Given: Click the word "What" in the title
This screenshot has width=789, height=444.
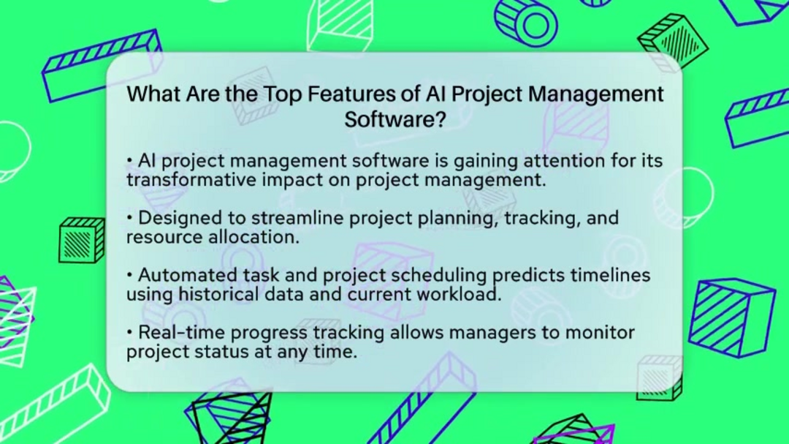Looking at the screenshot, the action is [153, 94].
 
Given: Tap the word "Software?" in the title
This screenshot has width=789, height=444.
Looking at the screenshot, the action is [395, 120].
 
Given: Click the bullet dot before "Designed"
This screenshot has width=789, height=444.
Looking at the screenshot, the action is [129, 218].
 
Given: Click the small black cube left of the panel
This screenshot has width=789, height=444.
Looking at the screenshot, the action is [82, 241].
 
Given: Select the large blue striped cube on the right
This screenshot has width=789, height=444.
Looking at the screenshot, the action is [731, 317].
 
